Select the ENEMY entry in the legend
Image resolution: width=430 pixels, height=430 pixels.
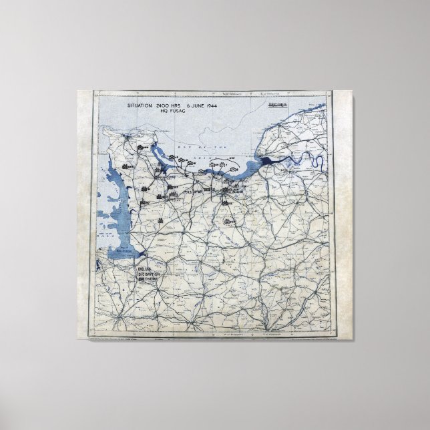point(144,278)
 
